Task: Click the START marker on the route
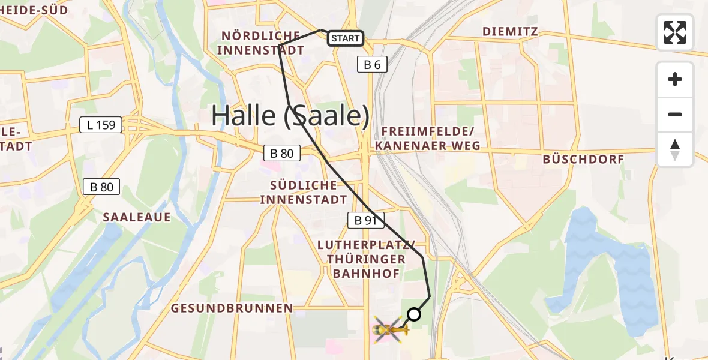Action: click(x=345, y=39)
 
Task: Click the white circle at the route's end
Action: click(x=414, y=314)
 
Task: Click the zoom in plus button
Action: click(x=675, y=79)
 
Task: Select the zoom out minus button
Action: click(x=675, y=114)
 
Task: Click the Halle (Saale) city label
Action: click(x=290, y=116)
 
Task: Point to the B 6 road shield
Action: click(x=372, y=64)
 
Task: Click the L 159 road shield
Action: click(x=101, y=125)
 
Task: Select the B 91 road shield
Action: click(x=365, y=220)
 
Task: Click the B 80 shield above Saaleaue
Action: click(x=101, y=187)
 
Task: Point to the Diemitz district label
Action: click(x=510, y=31)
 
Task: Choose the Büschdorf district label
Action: click(x=583, y=159)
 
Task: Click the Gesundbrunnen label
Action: click(x=232, y=308)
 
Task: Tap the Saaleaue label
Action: click(x=137, y=217)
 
